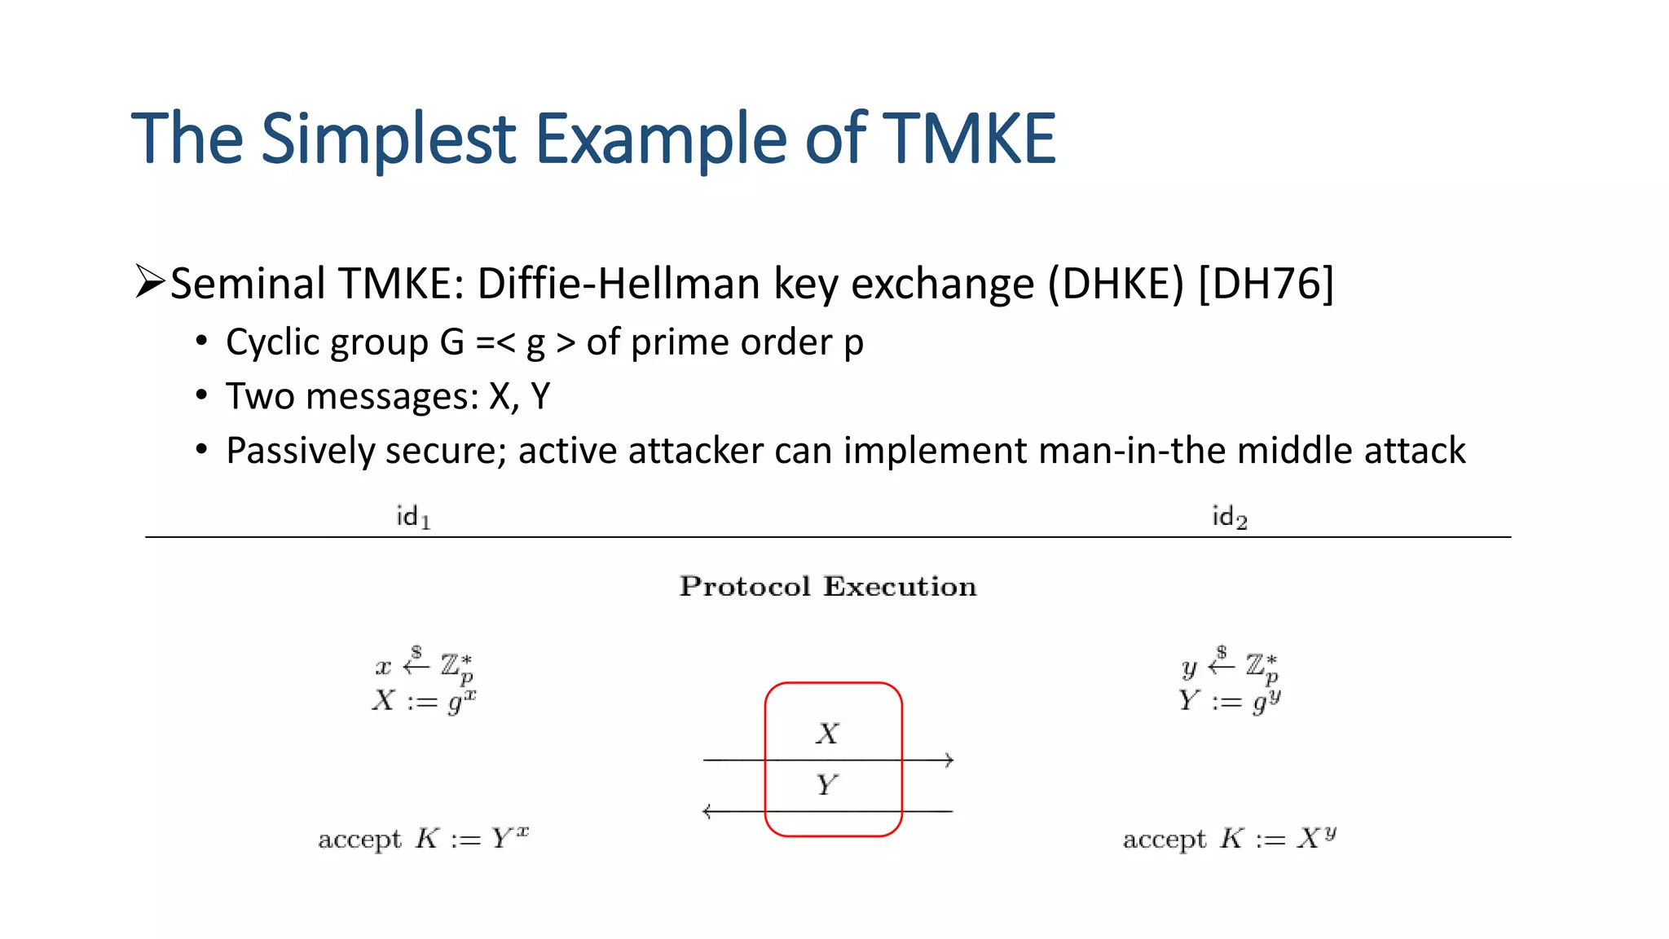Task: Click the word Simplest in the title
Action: click(x=388, y=139)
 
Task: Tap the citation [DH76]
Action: click(x=1266, y=284)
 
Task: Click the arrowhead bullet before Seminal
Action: click(x=150, y=282)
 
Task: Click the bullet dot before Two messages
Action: click(x=201, y=396)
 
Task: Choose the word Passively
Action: click(x=299, y=451)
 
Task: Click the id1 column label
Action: click(x=413, y=517)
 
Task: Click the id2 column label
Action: click(x=1229, y=517)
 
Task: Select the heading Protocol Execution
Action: click(x=828, y=586)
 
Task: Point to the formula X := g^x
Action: click(x=424, y=701)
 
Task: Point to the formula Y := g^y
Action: click(x=1229, y=701)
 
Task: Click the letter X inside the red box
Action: click(x=827, y=734)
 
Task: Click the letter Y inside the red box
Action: click(x=826, y=785)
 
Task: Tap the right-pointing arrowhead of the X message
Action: click(x=949, y=760)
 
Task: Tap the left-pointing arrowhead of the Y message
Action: click(x=707, y=811)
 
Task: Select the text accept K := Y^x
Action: click(x=423, y=838)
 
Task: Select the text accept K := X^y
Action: click(x=1229, y=838)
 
